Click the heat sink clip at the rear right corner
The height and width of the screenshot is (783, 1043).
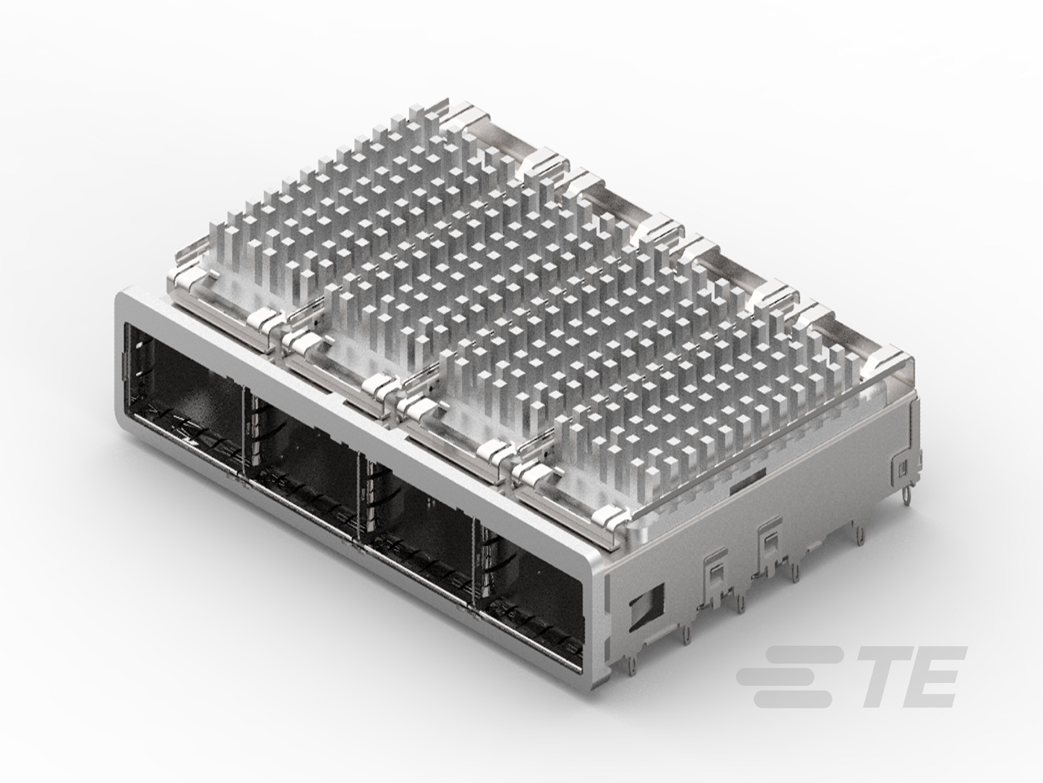(887, 361)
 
